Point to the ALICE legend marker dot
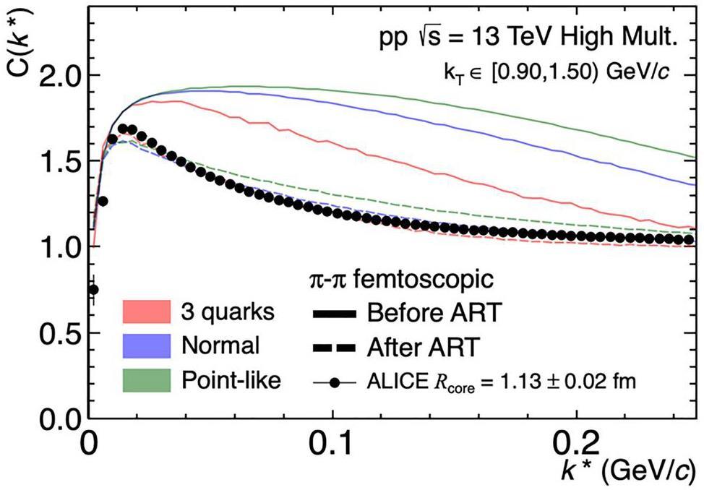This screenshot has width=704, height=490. point(334,381)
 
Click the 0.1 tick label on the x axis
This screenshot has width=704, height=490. point(332,441)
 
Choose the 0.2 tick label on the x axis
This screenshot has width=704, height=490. point(576,441)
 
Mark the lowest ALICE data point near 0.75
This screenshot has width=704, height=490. point(93,290)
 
